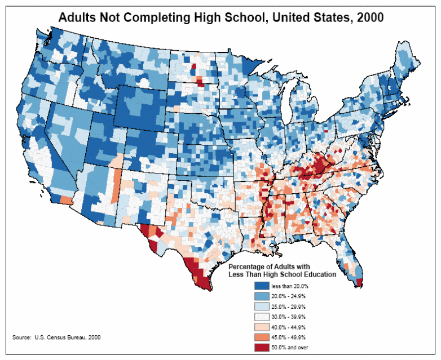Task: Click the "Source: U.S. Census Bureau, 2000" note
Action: (x=56, y=337)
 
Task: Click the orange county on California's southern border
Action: (x=66, y=199)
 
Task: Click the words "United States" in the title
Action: (x=307, y=17)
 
